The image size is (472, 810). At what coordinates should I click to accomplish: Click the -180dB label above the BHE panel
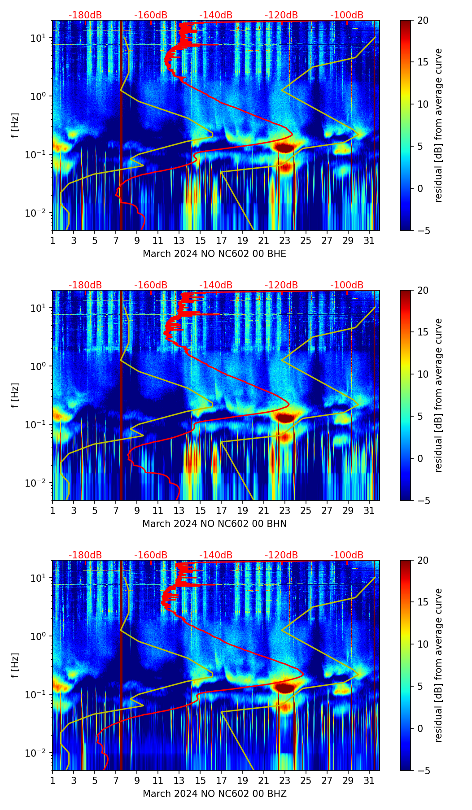coord(85,15)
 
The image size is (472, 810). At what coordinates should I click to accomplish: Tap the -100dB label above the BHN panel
coord(347,285)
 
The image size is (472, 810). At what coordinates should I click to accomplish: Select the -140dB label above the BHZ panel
coord(216,555)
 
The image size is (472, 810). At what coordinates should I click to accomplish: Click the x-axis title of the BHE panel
coord(214,254)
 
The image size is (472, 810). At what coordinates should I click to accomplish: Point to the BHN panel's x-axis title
coord(214,524)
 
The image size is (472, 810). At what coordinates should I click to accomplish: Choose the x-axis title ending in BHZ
coord(214,794)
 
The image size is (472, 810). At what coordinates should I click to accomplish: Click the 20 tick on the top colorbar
coord(423,21)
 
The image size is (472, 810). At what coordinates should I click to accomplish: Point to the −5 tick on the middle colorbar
coord(423,501)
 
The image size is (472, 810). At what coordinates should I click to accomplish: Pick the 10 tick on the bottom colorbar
coord(423,644)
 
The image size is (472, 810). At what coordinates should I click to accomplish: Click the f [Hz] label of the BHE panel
coord(15,126)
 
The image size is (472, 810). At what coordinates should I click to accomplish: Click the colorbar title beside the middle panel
coord(438,395)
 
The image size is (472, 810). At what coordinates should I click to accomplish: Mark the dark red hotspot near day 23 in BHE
coord(284,147)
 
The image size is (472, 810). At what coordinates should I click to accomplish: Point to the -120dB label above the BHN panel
coord(281,285)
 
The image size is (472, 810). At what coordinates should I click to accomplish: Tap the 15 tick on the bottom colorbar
coord(423,602)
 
